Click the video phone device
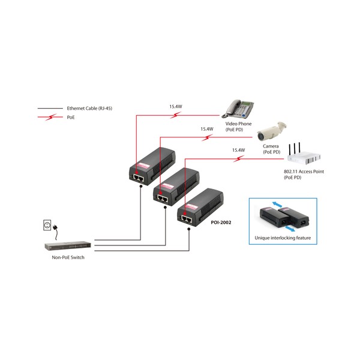click(x=238, y=109)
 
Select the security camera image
click(x=272, y=131)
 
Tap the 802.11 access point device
click(x=304, y=155)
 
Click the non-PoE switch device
click(x=68, y=246)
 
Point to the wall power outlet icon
click(x=47, y=225)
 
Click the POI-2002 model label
click(x=221, y=222)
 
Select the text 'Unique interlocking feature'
click(x=283, y=238)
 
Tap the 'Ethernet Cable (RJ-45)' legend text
click(x=89, y=109)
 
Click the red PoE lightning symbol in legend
click(x=50, y=117)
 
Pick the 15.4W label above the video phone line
click(x=176, y=107)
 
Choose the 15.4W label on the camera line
click(x=207, y=129)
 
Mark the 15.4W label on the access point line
click(x=238, y=150)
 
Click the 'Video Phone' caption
click(x=238, y=124)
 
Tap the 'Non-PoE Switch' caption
click(x=68, y=257)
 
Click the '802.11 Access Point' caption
click(x=304, y=172)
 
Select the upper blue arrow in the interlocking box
click(x=277, y=205)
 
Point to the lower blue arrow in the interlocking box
click(x=290, y=229)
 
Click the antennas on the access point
click(x=295, y=149)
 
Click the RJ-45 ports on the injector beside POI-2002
click(x=187, y=220)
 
